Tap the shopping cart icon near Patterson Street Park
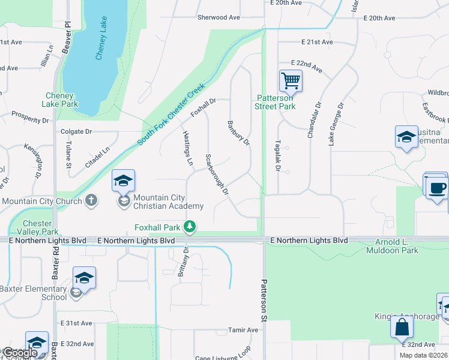(291, 80)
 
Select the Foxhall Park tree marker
(190, 226)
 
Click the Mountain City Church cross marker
(91, 200)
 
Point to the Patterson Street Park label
(276, 102)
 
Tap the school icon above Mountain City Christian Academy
(123, 181)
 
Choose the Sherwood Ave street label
(218, 17)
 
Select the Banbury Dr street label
(238, 133)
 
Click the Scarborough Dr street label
(217, 175)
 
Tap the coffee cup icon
(436, 187)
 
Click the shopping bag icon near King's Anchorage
(402, 327)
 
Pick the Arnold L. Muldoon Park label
(392, 246)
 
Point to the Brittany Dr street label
(182, 262)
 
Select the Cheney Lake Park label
(59, 100)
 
